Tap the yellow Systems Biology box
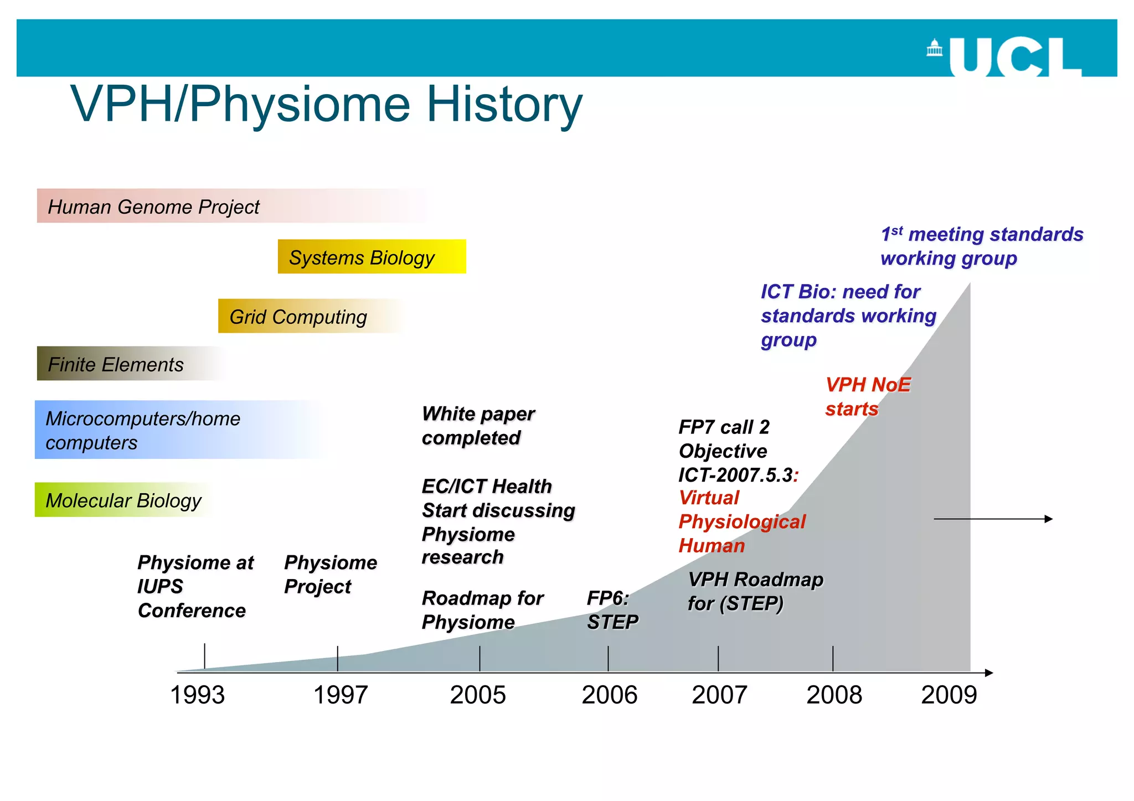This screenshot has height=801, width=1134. tap(372, 257)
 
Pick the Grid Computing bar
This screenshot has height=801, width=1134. tap(310, 317)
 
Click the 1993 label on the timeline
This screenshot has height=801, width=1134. tap(198, 695)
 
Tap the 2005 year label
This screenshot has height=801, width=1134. tap(478, 695)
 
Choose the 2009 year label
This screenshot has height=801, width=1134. tap(949, 695)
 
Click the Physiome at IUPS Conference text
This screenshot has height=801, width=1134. tap(195, 586)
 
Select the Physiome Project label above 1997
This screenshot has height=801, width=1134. tap(330, 575)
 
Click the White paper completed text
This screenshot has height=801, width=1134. tap(477, 426)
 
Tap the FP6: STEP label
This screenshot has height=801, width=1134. tap(612, 610)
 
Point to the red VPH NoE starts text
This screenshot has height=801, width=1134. tap(867, 396)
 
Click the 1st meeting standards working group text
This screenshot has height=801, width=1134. tap(981, 246)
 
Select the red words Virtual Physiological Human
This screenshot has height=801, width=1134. tap(741, 521)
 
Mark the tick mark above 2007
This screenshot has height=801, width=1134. tap(718, 658)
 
